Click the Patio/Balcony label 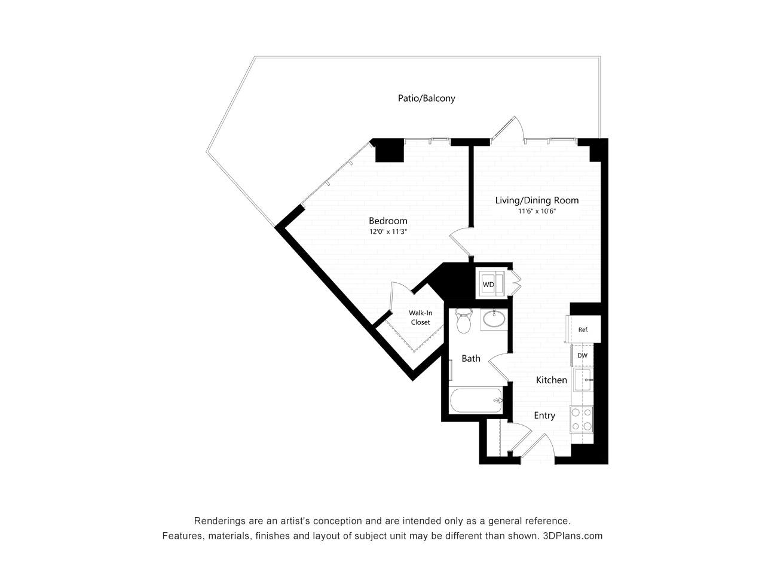(426, 98)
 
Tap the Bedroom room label (388, 221)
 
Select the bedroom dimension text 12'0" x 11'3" (388, 231)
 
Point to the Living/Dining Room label (537, 200)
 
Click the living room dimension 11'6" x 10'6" (537, 211)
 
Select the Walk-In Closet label (420, 317)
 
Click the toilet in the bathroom (464, 321)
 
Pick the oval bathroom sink (494, 319)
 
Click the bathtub (475, 401)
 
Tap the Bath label (470, 359)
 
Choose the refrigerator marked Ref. (583, 329)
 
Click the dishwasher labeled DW (582, 356)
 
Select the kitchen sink (583, 380)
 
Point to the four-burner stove (582, 419)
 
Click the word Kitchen (552, 380)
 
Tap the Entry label (544, 416)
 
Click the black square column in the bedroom (389, 151)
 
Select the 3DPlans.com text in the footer (573, 536)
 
